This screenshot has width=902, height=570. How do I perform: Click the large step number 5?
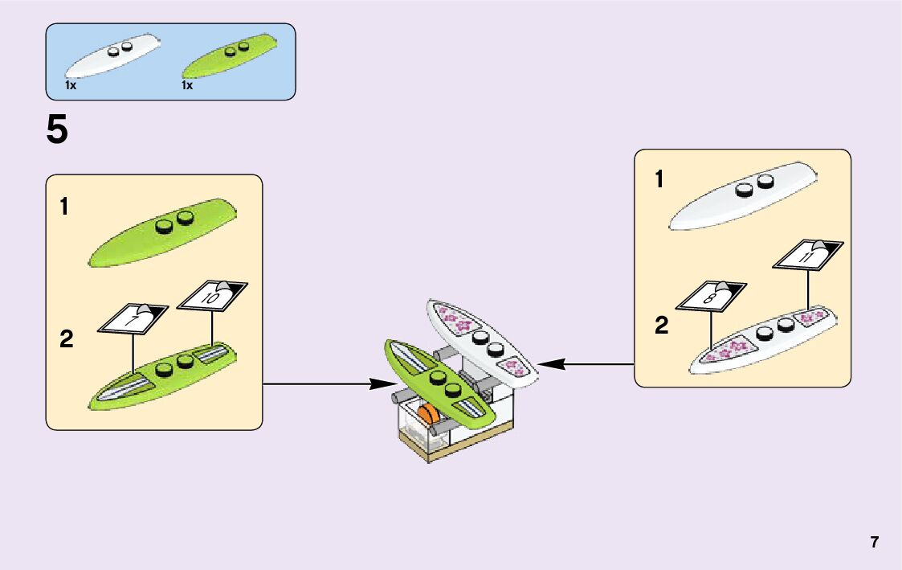click(x=58, y=130)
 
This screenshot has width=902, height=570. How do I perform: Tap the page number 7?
click(x=874, y=542)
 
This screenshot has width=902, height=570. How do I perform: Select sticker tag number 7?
click(x=133, y=319)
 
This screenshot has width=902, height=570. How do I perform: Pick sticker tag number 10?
click(x=212, y=297)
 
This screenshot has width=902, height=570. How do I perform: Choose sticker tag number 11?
click(x=807, y=256)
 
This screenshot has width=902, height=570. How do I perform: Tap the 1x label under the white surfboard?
click(x=71, y=85)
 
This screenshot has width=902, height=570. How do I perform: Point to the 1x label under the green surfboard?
click(x=187, y=85)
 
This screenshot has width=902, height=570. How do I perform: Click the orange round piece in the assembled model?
click(x=428, y=416)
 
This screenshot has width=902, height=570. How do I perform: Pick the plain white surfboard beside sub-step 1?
click(x=743, y=197)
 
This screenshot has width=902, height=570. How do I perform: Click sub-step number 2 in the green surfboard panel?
click(x=66, y=340)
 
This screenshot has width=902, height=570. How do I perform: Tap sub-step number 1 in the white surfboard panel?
click(x=659, y=180)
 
